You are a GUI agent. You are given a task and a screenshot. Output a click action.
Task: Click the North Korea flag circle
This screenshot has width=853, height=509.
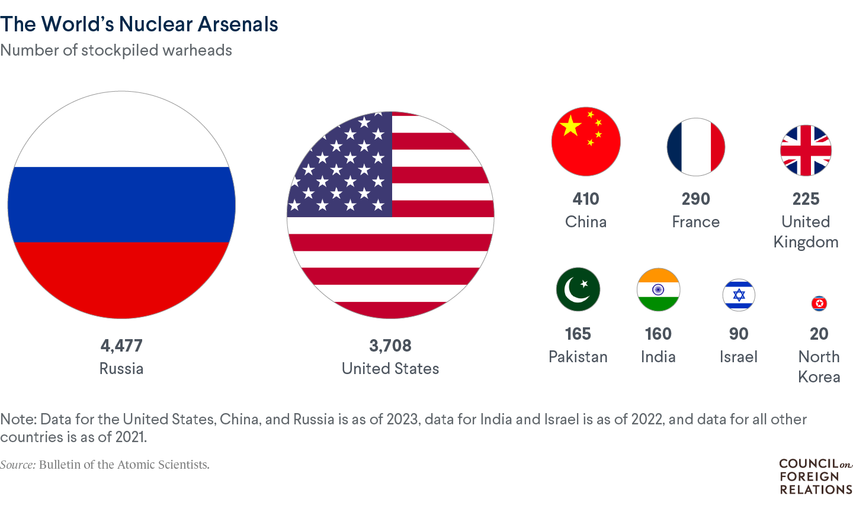coord(819,304)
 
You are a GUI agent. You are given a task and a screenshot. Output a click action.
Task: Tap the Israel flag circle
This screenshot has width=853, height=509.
coord(739,295)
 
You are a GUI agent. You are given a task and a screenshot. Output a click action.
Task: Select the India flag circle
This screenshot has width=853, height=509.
coord(658,289)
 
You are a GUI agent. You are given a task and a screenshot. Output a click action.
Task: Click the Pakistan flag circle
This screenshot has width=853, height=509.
coord(578,289)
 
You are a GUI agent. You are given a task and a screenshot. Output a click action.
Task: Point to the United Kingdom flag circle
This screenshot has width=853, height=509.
coord(806,150)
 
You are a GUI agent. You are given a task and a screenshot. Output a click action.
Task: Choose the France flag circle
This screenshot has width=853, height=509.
coord(696,147)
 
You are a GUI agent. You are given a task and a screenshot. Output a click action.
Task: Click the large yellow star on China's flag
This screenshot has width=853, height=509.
coord(571,125)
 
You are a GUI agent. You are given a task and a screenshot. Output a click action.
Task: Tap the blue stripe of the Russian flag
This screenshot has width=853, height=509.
coord(121,204)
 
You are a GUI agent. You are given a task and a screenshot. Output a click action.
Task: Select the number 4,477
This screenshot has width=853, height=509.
coord(121,346)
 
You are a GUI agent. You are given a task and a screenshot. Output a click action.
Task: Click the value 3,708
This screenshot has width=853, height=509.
coord(390,346)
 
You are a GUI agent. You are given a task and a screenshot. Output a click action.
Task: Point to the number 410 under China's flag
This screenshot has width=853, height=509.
coord(586,199)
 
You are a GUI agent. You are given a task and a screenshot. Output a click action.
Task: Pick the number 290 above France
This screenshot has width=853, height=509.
coord(696,199)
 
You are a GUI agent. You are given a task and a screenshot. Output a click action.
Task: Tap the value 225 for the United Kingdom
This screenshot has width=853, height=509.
coord(806,199)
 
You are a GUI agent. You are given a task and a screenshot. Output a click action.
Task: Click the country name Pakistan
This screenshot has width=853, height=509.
coord(578,357)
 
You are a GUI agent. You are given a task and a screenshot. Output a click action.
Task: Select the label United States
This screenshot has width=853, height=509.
coord(390,369)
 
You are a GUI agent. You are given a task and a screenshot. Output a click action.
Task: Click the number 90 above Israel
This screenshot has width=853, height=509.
coord(739,334)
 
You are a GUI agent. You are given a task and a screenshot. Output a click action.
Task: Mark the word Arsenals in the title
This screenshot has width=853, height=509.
coord(238,24)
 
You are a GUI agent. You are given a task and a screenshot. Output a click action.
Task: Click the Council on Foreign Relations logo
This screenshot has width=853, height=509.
coord(816,476)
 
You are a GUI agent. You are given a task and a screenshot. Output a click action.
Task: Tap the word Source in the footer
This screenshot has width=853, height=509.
coord(18,465)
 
